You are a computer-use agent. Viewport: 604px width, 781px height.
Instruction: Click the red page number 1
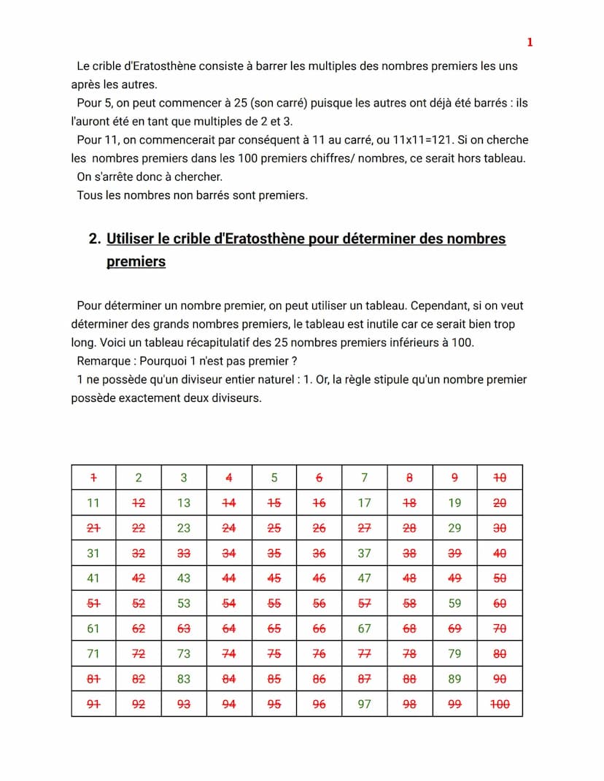click(530, 42)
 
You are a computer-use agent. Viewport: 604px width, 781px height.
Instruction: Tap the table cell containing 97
click(364, 704)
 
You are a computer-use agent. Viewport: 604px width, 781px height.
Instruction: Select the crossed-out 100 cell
click(500, 704)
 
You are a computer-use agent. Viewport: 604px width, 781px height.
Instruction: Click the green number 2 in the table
click(139, 478)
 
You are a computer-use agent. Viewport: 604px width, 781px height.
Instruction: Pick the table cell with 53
click(184, 603)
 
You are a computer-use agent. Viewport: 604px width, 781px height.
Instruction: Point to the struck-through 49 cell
click(454, 578)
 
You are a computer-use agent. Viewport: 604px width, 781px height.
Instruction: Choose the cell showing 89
click(454, 679)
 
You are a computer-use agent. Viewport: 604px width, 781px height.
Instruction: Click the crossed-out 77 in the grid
click(364, 653)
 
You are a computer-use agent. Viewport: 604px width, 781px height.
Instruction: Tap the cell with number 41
click(93, 578)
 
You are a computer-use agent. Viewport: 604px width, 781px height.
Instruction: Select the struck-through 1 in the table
click(93, 478)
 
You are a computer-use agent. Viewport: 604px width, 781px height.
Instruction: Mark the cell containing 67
click(364, 629)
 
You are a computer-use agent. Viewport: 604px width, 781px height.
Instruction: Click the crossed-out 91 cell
click(93, 704)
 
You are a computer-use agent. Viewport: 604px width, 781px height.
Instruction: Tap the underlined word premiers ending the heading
click(136, 262)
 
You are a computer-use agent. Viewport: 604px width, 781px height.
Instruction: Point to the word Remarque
click(104, 361)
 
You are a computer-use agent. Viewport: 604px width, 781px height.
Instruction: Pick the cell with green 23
click(184, 528)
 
